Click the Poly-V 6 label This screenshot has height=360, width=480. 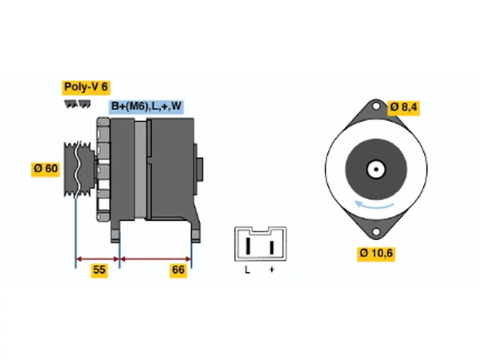pos(86,88)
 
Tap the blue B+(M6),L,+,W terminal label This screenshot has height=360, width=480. pos(146,107)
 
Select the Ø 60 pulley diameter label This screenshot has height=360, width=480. pos(45,169)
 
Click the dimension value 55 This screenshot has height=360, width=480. pos(99,271)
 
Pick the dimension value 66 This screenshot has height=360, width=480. pos(178,271)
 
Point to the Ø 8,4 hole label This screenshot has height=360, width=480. pos(403,108)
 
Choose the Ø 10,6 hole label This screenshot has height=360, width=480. pos(376,254)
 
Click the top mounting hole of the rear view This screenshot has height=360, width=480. pos(376,106)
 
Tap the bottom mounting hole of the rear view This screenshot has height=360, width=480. pos(376,232)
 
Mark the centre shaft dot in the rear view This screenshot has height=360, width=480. pos(376,169)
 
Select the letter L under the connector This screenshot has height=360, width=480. pos(247,270)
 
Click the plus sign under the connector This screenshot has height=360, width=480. pos(271,270)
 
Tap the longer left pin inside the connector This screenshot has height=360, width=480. pos(248,246)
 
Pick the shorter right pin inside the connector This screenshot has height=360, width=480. pos(271,247)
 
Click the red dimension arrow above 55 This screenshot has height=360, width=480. pos(97,259)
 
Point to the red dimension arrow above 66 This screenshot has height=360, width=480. pos(156,259)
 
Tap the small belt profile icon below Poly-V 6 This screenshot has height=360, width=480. pos(77,104)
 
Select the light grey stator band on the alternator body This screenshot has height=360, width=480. pos(140,169)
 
